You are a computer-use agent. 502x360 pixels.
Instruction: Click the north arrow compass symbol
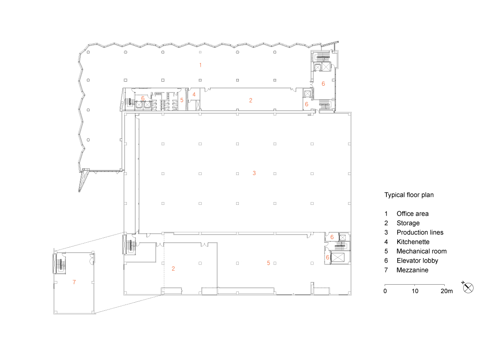click(468, 288)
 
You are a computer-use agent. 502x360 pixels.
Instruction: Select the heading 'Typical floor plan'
click(409, 195)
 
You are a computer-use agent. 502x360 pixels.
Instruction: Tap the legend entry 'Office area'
click(412, 214)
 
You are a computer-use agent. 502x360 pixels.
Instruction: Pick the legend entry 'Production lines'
click(420, 232)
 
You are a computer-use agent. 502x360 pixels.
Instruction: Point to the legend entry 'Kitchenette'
click(413, 242)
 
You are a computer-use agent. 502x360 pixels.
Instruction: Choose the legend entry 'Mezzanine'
click(412, 270)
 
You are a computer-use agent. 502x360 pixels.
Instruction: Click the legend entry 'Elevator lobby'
click(417, 261)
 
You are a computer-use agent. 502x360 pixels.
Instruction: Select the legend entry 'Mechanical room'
click(422, 251)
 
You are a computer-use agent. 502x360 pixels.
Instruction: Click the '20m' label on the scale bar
click(446, 291)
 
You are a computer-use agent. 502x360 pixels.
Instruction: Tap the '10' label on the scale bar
click(415, 291)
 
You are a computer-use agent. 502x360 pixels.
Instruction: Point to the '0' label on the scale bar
click(385, 291)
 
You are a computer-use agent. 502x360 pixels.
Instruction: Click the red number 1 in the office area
click(200, 65)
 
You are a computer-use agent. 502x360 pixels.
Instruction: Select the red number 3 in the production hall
click(254, 173)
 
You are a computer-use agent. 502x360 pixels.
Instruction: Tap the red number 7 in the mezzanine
click(74, 282)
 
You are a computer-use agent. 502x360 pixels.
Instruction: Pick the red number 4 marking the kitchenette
click(194, 94)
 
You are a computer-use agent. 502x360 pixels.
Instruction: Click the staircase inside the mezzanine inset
click(60, 263)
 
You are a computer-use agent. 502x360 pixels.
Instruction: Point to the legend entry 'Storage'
click(408, 223)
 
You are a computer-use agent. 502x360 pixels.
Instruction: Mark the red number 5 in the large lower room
click(268, 263)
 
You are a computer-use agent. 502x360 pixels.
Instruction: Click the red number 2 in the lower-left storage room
click(173, 268)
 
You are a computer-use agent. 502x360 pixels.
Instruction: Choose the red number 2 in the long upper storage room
click(251, 100)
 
